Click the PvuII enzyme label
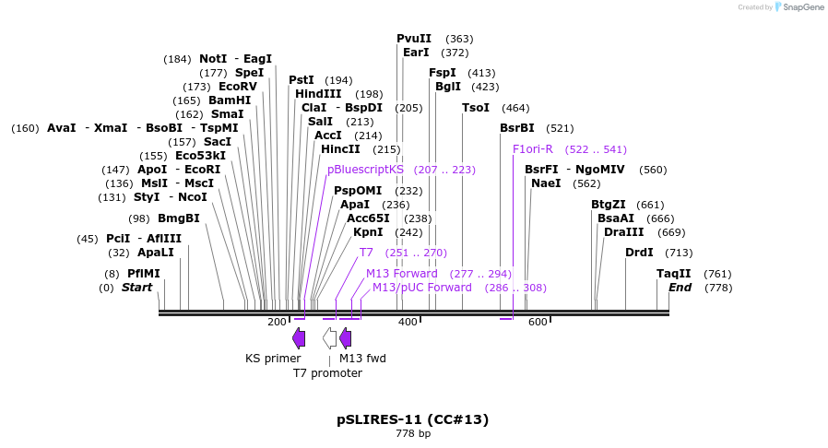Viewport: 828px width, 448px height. (414, 39)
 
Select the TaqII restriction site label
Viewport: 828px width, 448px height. (673, 274)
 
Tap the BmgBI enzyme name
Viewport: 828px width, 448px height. (178, 218)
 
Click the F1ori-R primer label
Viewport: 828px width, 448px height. (533, 148)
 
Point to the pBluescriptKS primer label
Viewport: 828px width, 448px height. (365, 170)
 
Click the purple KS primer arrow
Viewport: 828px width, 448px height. (299, 337)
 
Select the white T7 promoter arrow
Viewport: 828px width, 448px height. (329, 337)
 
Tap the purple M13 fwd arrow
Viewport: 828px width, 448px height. (345, 337)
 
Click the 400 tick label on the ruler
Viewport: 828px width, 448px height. (408, 322)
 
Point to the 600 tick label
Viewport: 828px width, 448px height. (538, 322)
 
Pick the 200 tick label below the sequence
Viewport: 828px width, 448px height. (277, 322)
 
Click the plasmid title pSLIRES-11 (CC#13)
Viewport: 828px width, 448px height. (412, 419)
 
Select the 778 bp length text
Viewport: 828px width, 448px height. (412, 433)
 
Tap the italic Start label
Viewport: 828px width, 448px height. (136, 288)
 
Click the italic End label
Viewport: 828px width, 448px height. (680, 288)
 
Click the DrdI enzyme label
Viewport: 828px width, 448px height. (639, 253)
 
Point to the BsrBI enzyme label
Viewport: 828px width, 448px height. (516, 128)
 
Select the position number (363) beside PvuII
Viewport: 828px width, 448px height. (459, 39)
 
